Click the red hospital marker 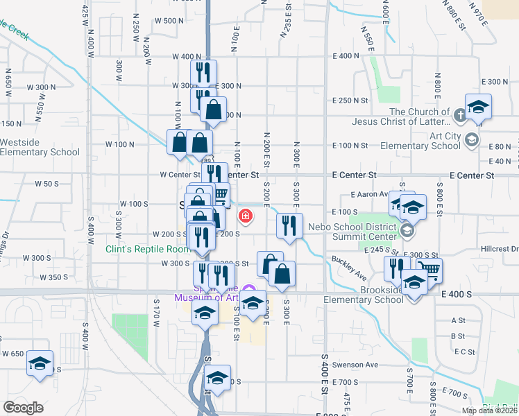click(x=245, y=217)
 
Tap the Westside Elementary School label click(x=40, y=147)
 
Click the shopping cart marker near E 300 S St click(x=429, y=270)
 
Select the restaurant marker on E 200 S click(x=290, y=225)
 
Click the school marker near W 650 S click(x=40, y=363)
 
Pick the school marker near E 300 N click(x=478, y=107)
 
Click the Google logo click(x=23, y=408)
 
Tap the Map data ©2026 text click(x=490, y=410)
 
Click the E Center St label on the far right click(x=471, y=175)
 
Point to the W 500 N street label click(x=169, y=21)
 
